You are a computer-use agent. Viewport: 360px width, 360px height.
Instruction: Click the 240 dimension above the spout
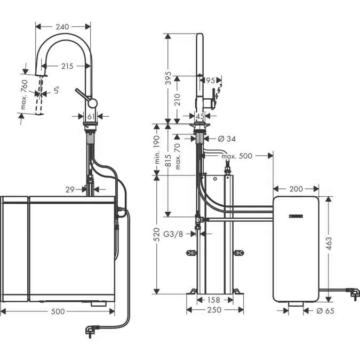pyautogui.click(x=62, y=26)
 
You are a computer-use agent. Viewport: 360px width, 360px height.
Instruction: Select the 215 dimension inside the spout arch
pyautogui.click(x=67, y=66)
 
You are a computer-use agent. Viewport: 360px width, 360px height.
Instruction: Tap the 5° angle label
pyautogui.click(x=56, y=91)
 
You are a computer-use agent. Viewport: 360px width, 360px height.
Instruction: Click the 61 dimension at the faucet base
pyautogui.click(x=91, y=116)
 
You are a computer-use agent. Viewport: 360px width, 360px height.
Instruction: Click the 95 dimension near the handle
pyautogui.click(x=210, y=81)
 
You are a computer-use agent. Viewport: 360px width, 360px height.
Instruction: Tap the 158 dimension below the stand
pyautogui.click(x=213, y=300)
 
